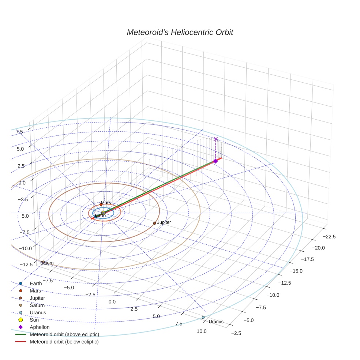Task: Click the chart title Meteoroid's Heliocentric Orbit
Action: tap(180, 33)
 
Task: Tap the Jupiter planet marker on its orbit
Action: tap(154, 223)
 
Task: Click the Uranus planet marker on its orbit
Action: tap(203, 317)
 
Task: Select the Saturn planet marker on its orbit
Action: tap(43, 262)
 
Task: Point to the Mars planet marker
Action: tap(101, 205)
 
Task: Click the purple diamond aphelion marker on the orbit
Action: tap(215, 161)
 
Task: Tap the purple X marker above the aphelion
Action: tap(215, 139)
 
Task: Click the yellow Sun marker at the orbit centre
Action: tap(104, 213)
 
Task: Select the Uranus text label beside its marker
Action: tap(216, 322)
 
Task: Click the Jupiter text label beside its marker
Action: tap(164, 222)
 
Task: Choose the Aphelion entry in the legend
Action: tap(40, 327)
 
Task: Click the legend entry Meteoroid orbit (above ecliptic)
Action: tap(64, 334)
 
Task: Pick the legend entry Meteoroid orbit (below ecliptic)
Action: tap(64, 342)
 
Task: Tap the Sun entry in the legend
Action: tap(34, 320)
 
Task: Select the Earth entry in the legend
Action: tap(36, 284)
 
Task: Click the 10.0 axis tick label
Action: tap(202, 331)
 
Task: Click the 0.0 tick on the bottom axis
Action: tap(112, 302)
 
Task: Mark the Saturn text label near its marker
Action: tap(47, 263)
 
